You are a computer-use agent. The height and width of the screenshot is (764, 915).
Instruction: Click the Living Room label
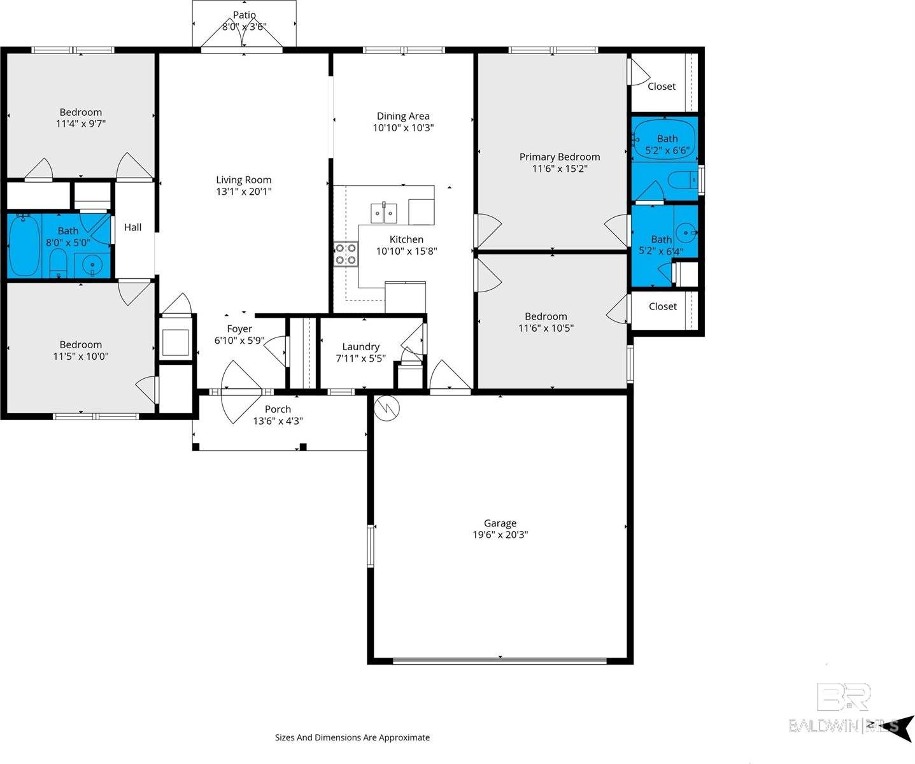click(x=243, y=180)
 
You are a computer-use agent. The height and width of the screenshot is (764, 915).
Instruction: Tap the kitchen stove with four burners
click(x=346, y=253)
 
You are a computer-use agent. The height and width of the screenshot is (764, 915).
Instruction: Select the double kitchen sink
click(x=384, y=213)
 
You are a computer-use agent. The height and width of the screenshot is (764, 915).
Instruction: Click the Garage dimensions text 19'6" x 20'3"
click(x=500, y=535)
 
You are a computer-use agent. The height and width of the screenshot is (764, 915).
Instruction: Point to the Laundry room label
click(x=360, y=347)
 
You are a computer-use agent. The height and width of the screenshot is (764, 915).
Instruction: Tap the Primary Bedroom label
click(x=559, y=157)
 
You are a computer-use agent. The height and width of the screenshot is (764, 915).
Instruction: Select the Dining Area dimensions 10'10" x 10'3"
click(x=403, y=127)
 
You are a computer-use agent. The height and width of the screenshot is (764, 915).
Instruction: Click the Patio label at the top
click(x=245, y=15)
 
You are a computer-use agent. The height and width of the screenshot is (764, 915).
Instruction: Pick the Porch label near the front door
click(x=278, y=409)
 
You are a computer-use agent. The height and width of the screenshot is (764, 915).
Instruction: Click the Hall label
click(x=132, y=227)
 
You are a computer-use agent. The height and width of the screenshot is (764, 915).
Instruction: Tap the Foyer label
click(x=239, y=329)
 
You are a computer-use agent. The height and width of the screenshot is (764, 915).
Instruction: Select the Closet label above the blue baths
click(x=662, y=87)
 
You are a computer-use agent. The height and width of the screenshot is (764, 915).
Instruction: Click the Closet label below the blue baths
click(x=662, y=306)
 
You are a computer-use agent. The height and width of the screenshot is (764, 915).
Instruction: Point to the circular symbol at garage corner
click(x=386, y=408)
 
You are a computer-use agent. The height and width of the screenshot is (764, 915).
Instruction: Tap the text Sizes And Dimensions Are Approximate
click(x=352, y=737)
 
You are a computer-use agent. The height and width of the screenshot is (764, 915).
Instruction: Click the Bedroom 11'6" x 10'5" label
click(x=546, y=316)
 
